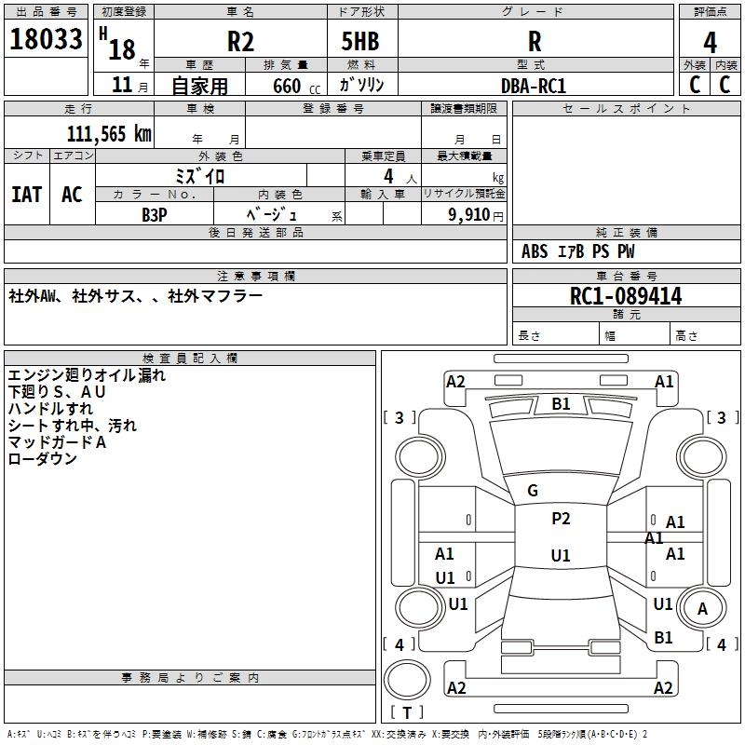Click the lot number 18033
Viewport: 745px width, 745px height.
(x=46, y=40)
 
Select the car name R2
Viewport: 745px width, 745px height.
(x=240, y=41)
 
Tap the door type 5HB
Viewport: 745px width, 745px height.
(x=363, y=41)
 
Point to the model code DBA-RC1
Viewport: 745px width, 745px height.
(x=534, y=86)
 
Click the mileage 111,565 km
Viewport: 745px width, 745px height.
(x=109, y=134)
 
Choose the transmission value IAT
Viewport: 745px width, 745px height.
(x=26, y=194)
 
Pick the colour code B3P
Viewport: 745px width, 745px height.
(x=155, y=214)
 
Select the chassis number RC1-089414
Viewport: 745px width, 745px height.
(x=626, y=297)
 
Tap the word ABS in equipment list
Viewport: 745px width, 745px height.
(x=535, y=251)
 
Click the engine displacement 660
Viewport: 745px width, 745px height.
(x=287, y=87)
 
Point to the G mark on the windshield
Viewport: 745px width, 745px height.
(x=533, y=491)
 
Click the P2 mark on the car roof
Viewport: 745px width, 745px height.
(x=561, y=520)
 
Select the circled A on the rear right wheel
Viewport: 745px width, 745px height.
(x=703, y=609)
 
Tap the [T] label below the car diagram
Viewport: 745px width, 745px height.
(x=406, y=713)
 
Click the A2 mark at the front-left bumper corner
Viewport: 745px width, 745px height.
(x=455, y=382)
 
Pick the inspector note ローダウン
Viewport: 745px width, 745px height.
(x=43, y=459)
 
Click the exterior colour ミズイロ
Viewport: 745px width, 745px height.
(x=201, y=175)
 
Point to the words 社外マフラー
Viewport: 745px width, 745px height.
(x=215, y=296)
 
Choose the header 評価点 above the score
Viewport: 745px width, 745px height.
(x=711, y=12)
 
